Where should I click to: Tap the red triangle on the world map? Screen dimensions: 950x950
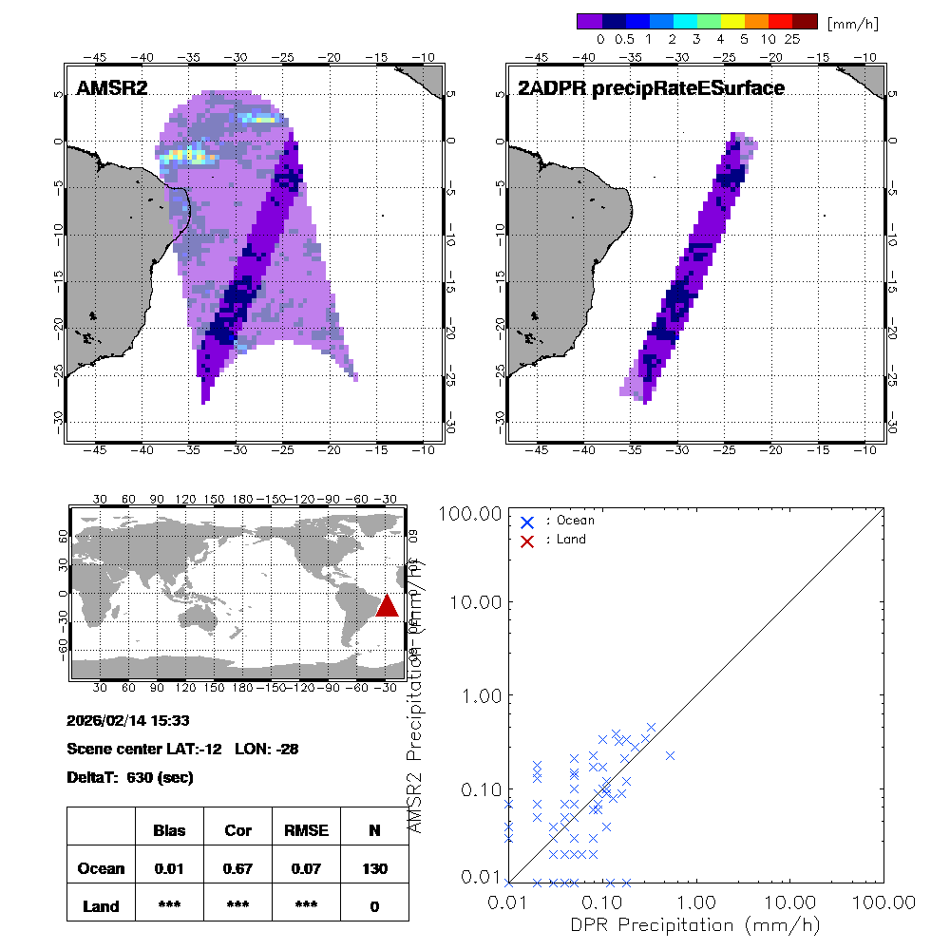387,605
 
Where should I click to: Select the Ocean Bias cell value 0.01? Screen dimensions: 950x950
169,868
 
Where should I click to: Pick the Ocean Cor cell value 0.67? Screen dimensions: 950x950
237,868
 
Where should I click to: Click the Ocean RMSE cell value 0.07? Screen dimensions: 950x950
306,868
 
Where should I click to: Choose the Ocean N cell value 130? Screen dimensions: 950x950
374,868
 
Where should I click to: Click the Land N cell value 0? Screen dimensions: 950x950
374,906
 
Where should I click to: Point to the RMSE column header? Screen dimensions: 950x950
306,830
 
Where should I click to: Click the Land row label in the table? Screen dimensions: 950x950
101,906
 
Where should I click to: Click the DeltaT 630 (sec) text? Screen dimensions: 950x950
130,777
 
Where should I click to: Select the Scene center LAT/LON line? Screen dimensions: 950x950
182,749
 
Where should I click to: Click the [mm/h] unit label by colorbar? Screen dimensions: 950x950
852,22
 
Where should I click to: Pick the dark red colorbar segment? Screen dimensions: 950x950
805,22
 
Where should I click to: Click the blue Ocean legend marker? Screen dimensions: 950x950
527,522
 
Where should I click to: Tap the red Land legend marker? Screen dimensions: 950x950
527,540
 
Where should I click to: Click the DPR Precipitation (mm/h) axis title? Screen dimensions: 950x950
696,924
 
